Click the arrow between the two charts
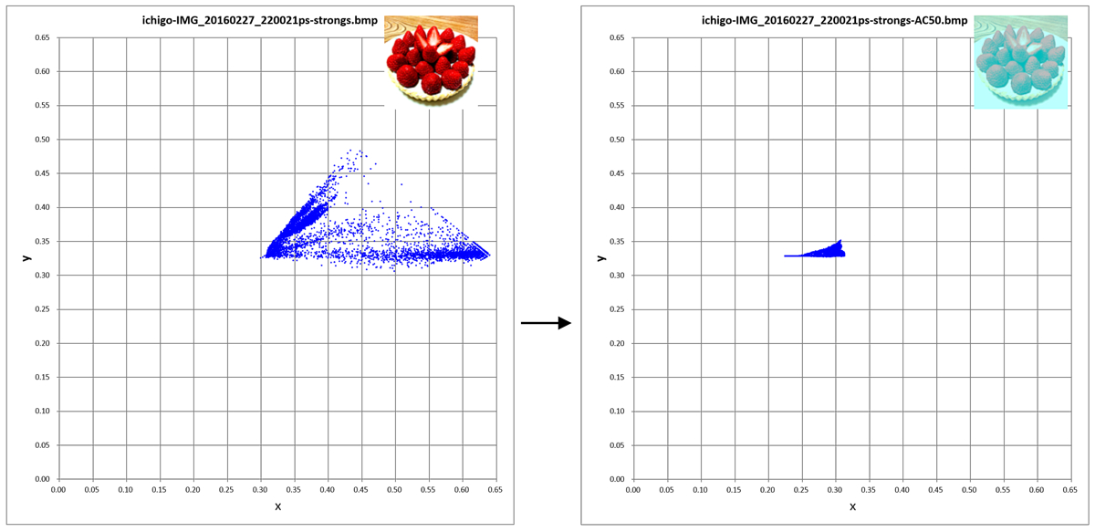point(546,322)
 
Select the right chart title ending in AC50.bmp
point(835,20)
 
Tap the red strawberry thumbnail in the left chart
point(431,61)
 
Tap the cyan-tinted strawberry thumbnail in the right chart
point(1020,61)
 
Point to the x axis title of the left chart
point(277,506)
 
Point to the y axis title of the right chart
point(600,257)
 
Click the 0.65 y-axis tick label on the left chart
point(42,38)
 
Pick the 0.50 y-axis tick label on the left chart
point(42,140)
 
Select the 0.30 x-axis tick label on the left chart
point(260,490)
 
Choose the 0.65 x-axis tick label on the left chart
point(495,490)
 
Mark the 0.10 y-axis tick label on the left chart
point(42,412)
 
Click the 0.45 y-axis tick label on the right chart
point(617,173)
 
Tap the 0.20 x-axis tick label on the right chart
point(767,490)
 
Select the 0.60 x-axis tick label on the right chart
point(1037,490)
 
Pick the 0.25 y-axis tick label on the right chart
point(617,309)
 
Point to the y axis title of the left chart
point(26,257)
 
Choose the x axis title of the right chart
point(851,506)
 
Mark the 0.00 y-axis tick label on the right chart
point(617,479)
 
